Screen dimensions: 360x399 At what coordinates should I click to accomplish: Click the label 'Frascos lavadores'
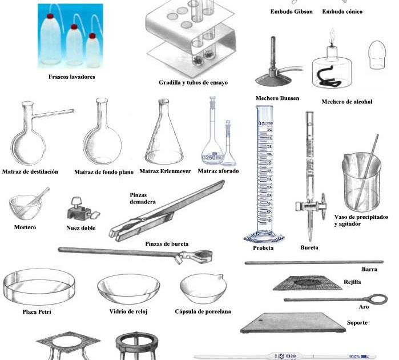(72, 77)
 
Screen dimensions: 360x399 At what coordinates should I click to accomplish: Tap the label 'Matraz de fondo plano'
(104, 172)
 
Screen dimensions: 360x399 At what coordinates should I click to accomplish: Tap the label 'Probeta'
(263, 248)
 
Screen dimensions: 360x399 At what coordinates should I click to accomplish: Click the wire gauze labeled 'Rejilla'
(306, 282)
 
